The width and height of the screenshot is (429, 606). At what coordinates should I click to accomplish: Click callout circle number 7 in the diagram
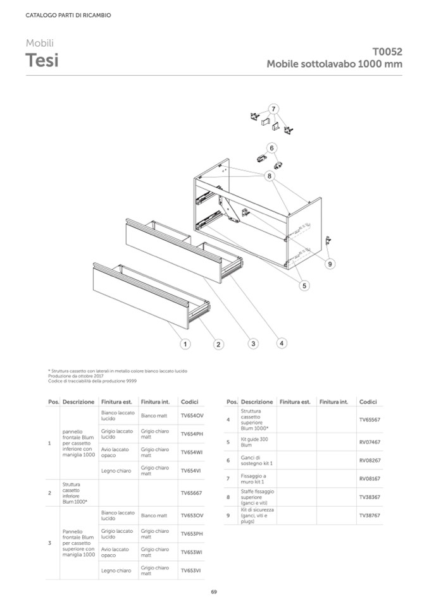point(273,108)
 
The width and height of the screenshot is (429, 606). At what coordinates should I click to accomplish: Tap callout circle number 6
point(271,148)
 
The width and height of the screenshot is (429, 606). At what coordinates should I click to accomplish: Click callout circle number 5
point(304,286)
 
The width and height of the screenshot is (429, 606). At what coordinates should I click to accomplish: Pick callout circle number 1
point(185,344)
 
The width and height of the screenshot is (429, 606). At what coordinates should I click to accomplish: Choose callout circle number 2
point(218,344)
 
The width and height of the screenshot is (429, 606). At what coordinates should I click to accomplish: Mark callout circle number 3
point(253,344)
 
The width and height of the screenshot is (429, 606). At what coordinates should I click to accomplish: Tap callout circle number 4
point(282,343)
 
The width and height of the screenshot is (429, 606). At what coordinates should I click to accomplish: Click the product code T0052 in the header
point(387,52)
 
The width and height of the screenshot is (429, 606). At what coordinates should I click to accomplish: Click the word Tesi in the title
point(42,61)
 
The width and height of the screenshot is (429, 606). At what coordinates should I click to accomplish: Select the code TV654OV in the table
point(192,415)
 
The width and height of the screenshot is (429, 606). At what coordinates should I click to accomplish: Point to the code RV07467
point(370,442)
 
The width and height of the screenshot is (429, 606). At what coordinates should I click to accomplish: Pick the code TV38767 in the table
point(370,515)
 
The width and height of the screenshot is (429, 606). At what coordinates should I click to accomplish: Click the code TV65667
point(191,492)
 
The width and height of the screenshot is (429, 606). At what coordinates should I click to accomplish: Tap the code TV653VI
point(190,570)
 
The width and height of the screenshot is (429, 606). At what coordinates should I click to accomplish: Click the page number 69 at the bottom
point(214,591)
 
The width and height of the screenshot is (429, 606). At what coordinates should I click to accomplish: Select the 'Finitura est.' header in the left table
point(116,402)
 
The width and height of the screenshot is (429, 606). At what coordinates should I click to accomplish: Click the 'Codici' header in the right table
point(368,402)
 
